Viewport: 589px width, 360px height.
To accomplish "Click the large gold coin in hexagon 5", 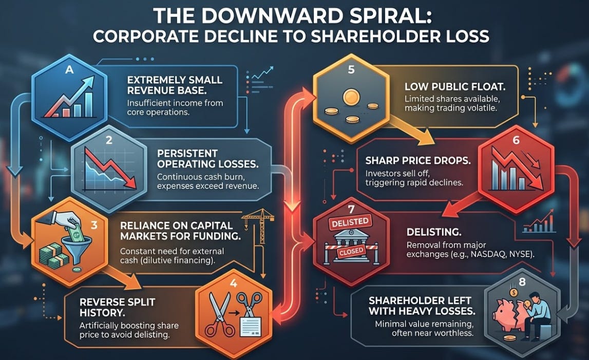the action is tap(351, 97).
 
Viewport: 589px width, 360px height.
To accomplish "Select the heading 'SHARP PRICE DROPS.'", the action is tap(417, 160).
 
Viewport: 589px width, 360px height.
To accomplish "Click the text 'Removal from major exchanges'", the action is tap(446, 245).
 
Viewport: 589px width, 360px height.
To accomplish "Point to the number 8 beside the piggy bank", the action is tap(522, 282).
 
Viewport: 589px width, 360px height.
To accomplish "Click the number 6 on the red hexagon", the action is tap(516, 140).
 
